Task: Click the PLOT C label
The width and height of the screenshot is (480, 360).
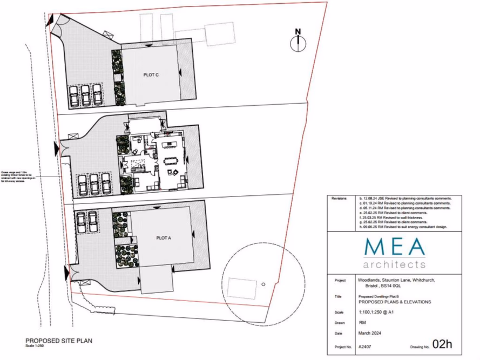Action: click(x=151, y=74)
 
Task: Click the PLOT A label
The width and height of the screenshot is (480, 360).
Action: click(x=164, y=237)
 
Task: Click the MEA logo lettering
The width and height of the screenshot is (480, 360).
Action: click(x=394, y=247)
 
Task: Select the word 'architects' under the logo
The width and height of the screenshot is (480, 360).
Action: click(x=394, y=264)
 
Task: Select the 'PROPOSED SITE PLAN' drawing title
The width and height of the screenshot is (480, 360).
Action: click(x=59, y=341)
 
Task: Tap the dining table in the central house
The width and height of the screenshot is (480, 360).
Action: click(x=171, y=160)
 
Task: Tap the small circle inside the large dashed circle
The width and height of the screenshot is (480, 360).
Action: click(x=263, y=284)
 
